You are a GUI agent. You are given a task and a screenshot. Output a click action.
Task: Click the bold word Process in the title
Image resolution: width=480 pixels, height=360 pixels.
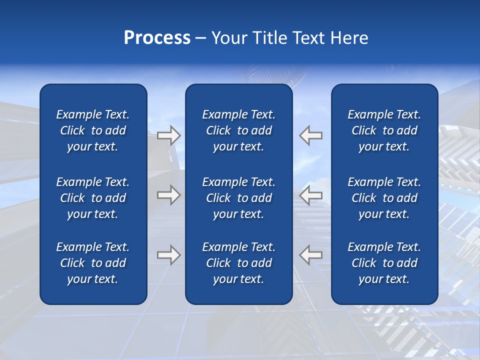pos(157,38)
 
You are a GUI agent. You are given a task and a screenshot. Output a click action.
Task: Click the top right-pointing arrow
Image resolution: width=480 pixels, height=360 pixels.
pos(168,135)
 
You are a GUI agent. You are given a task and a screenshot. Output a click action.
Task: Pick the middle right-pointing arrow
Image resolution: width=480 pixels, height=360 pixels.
pos(168,195)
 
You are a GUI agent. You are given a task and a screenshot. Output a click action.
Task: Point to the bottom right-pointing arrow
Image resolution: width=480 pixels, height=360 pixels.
pos(168,254)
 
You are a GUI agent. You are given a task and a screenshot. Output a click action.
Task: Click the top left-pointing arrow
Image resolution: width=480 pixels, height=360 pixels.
pos(311,135)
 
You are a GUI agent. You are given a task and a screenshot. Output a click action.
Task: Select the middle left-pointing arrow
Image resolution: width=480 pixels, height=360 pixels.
pos(311,195)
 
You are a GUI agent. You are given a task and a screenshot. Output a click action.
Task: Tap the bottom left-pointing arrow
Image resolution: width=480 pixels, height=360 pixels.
pos(311,254)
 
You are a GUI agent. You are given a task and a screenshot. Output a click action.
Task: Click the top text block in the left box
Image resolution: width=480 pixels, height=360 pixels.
pos(93,130)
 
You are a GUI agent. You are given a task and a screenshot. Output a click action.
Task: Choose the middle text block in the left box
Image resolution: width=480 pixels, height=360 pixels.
pos(93,198)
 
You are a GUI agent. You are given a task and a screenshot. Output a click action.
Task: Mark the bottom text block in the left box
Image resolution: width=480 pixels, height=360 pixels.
pos(93,263)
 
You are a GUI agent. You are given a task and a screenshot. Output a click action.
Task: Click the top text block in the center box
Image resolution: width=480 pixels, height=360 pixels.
pos(239,130)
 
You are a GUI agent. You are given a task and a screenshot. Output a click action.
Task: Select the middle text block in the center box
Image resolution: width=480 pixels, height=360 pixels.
pos(239,198)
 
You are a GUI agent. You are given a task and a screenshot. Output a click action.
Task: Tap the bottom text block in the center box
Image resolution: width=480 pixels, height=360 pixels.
pos(239,263)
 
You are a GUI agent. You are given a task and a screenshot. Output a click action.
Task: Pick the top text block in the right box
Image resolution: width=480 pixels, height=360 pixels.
pos(384,130)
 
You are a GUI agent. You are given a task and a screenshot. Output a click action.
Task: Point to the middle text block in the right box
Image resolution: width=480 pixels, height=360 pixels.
pos(384,198)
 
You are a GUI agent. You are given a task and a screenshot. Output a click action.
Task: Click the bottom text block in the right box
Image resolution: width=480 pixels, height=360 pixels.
pos(384,263)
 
